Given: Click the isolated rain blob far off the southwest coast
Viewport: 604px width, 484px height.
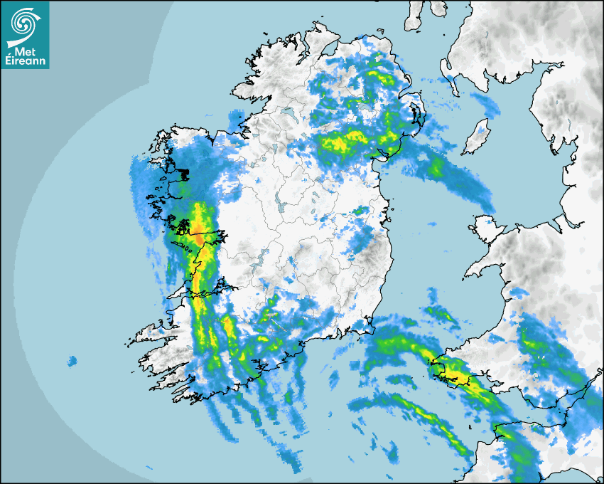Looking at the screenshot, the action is pos(71,362).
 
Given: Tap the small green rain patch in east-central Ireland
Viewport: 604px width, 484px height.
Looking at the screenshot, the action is pos(362,210).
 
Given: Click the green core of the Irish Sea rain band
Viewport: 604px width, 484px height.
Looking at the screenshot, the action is pos(435,167).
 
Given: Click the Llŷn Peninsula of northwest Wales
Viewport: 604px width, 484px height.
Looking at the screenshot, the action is pos(483,267).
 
